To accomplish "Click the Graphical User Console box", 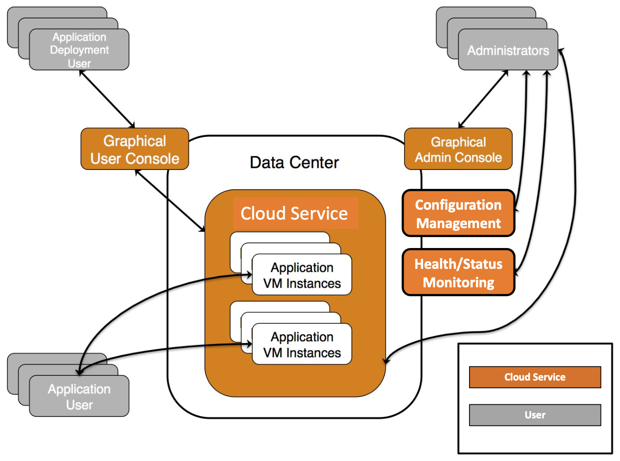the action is pos(135,149).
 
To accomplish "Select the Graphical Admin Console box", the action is pos(458,149).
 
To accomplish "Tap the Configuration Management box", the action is pos(459,213).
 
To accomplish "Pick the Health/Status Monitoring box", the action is pos(459,272).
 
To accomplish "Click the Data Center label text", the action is pos(294,162).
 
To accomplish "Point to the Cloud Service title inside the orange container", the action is pos(294,213).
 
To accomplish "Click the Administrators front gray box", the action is pos(508,50).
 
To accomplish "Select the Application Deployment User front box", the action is pos(79,50).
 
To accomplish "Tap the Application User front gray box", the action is pos(79,396).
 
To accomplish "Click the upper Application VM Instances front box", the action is pos(302,275).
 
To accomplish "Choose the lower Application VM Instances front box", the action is pos(302,344).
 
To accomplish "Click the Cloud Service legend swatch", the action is pos(535,377).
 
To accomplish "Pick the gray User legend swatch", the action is pos(535,415).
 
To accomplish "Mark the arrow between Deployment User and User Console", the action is pos(107,99).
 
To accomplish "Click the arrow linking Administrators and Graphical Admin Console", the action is pos(483,99).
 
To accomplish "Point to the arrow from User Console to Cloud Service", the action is pos(170,201).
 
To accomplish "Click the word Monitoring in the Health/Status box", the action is pos(459,283).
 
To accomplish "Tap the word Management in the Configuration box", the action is pos(459,223).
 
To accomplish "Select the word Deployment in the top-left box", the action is pos(80,50).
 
